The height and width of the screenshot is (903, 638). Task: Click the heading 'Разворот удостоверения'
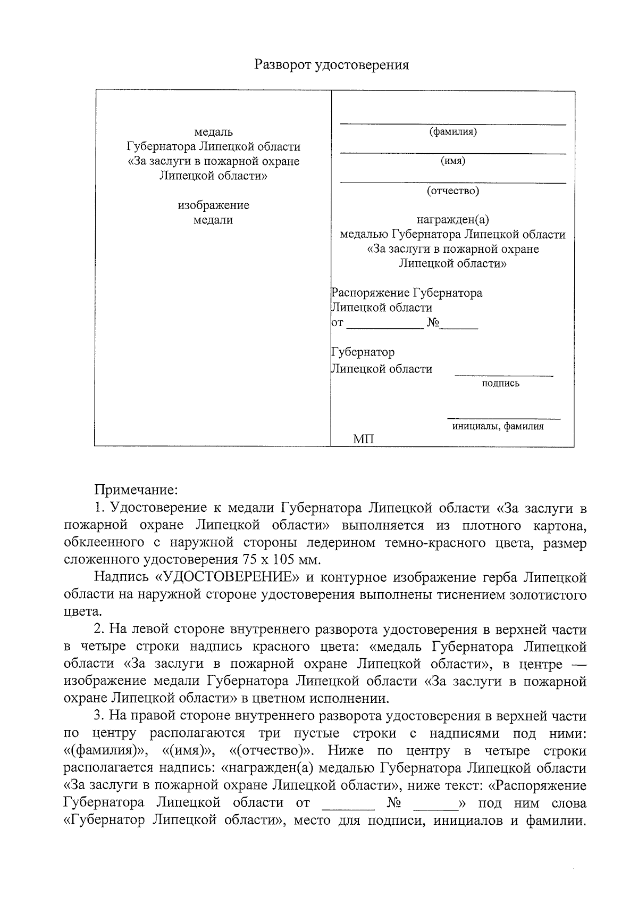[332, 65]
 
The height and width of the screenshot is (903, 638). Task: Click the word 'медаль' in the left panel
[213, 131]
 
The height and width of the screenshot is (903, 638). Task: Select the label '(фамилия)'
[452, 131]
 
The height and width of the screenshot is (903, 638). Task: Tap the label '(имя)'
[452, 161]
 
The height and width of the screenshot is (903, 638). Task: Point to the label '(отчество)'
[452, 190]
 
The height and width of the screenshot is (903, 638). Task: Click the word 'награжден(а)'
[452, 219]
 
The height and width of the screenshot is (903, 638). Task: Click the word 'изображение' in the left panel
[213, 205]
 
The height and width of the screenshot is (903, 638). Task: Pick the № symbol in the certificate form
[432, 322]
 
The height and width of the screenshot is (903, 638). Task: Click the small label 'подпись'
[500, 383]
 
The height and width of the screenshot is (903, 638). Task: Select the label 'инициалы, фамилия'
[498, 426]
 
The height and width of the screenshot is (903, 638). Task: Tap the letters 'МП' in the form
[364, 440]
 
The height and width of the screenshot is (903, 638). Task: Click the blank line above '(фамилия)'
[452, 124]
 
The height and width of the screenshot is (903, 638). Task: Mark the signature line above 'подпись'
[503, 376]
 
